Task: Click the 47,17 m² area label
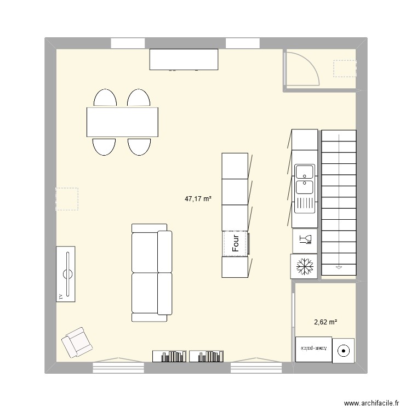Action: point(198,200)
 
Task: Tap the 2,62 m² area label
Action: point(326,322)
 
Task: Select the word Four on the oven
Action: point(236,244)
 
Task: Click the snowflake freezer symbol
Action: point(303,267)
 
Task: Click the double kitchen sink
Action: point(304,180)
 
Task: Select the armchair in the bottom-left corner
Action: point(76,342)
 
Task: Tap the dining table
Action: point(122,122)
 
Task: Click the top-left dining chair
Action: point(105,99)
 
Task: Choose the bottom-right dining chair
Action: point(139,146)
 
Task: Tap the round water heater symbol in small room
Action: point(344,350)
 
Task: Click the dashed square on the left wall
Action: point(67,199)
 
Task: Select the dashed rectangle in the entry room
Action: point(345,69)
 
